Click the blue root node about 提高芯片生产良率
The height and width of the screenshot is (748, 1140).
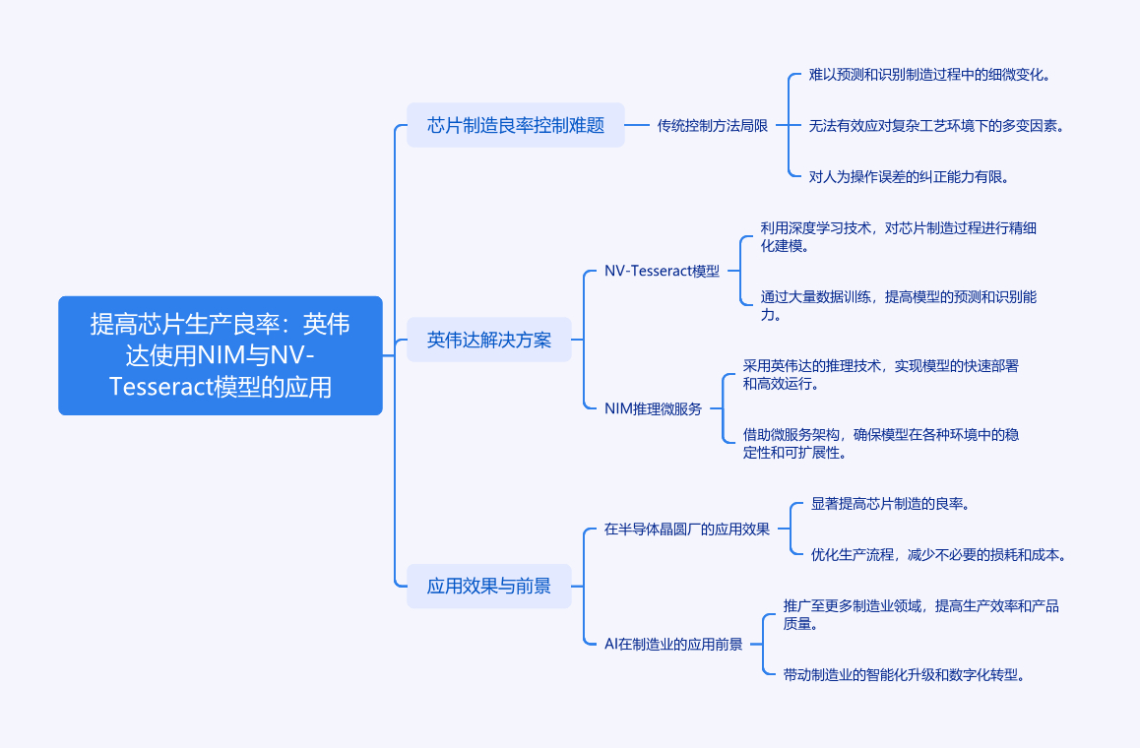point(221,355)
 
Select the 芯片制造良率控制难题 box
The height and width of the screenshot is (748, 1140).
point(516,125)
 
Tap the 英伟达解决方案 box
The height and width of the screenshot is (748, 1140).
point(489,341)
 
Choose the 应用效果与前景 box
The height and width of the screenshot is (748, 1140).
point(489,587)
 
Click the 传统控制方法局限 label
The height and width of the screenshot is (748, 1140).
point(713,125)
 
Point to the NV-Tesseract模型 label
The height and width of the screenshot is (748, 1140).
point(662,272)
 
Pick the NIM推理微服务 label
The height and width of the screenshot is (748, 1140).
point(653,408)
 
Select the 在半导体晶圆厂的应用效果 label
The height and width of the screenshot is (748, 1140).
point(687,530)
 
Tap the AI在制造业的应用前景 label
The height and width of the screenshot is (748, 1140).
point(673,645)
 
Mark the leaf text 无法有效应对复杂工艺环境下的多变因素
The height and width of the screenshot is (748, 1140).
point(936,126)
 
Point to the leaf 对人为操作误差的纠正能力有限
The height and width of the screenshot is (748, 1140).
point(910,177)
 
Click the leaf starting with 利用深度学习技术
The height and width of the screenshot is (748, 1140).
point(898,237)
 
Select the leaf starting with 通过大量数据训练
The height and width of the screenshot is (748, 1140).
point(898,305)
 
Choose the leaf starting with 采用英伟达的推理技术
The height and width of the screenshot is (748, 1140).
point(881,374)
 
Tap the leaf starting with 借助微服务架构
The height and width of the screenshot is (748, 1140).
point(881,443)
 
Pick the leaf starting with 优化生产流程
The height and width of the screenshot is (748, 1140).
point(938,555)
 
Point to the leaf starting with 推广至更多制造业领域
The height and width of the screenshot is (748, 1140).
point(920,614)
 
